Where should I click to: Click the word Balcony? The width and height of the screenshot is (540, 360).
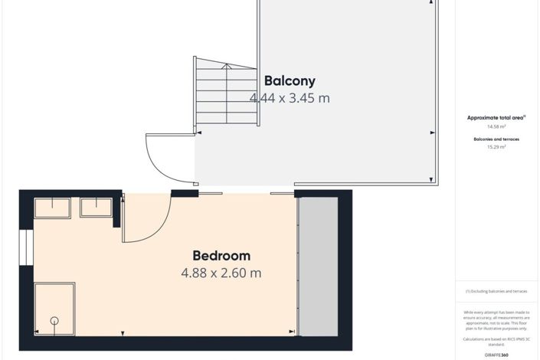point(290,80)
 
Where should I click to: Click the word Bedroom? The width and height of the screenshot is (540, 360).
point(221,256)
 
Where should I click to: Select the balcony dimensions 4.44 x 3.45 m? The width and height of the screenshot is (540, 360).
point(290,98)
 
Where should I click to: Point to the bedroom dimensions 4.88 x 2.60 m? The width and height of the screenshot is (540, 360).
point(221,273)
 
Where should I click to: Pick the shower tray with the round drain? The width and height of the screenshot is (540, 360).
point(54,309)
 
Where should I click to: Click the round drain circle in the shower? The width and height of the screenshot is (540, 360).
point(54,321)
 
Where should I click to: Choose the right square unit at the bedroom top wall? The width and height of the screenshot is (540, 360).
point(97,208)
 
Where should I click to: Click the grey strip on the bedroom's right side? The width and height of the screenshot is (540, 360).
point(317,266)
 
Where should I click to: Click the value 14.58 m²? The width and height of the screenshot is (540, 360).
point(496,126)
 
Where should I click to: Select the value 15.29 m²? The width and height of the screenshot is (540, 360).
point(496,147)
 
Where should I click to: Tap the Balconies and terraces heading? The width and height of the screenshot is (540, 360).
point(496,139)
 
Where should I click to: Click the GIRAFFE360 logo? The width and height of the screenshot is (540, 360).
point(496,355)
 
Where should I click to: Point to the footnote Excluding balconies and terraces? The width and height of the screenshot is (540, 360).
point(496,292)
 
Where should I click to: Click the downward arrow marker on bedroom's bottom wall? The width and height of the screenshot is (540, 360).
point(123,332)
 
